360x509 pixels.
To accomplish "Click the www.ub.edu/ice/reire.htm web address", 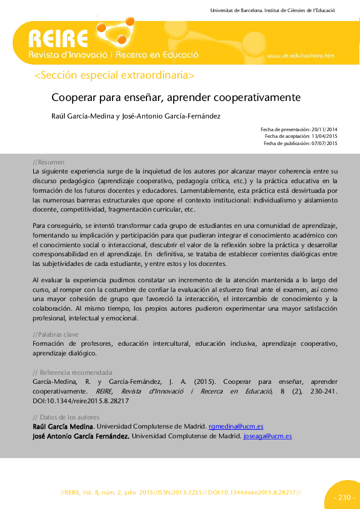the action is (300, 56).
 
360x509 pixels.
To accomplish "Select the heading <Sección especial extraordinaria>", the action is (115, 76).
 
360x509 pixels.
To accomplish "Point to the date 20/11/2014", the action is (324, 129).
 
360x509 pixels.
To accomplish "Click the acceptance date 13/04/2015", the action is (324, 136).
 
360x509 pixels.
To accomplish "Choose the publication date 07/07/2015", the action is (324, 143).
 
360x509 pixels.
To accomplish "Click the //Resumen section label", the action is (48, 163).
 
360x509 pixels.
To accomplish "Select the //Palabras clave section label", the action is (56, 334).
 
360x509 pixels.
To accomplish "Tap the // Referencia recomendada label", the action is (72, 372).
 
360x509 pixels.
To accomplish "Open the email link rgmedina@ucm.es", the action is (235, 426).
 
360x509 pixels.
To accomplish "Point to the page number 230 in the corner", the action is (344, 498).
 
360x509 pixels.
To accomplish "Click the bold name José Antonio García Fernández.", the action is (80, 435).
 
